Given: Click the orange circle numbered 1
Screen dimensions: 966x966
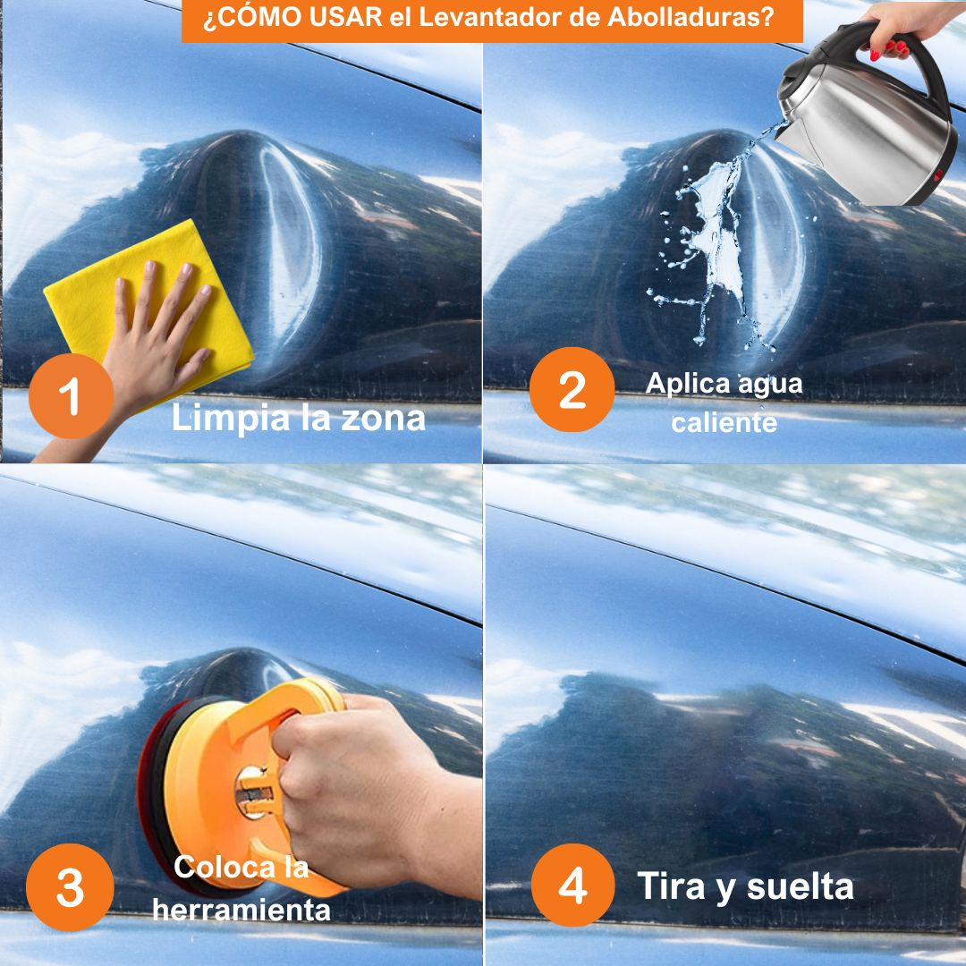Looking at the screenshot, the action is [71, 395].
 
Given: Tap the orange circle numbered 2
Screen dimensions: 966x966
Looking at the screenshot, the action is [572, 389].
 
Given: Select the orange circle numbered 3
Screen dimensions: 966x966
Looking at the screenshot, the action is [71, 887].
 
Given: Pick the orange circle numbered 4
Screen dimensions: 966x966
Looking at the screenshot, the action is [573, 885].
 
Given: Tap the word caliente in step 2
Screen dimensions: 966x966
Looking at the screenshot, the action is [724, 423].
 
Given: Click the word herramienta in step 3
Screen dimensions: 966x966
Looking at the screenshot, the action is [241, 910].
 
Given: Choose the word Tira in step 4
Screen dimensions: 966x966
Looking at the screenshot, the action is [671, 886].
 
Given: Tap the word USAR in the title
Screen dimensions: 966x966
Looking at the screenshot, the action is [345, 17].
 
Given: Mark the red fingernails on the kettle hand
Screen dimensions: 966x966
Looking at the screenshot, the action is [888, 49].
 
